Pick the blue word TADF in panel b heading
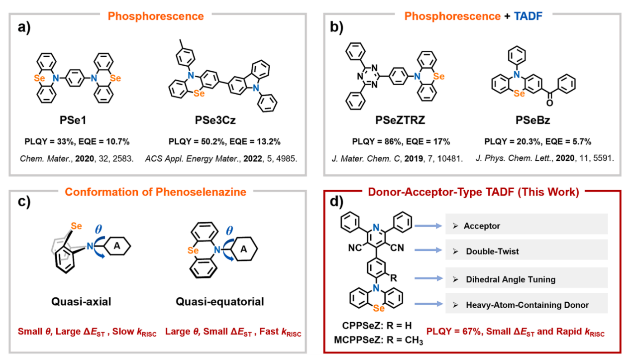coord(529,16)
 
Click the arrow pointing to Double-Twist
coord(428,251)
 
